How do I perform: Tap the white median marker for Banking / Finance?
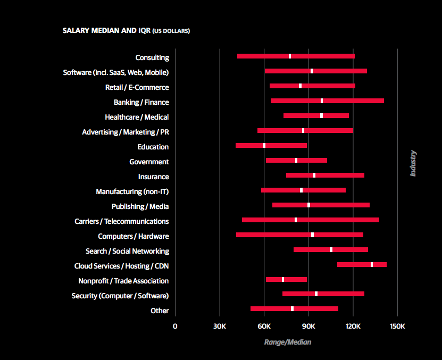click(322, 101)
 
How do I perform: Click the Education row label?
click(153, 147)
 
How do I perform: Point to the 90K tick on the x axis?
click(308, 326)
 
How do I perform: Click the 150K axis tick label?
click(397, 326)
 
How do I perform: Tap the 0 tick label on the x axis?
click(175, 326)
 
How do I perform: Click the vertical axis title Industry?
click(413, 163)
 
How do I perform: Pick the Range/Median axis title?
click(287, 342)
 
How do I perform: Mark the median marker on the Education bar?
click(264, 145)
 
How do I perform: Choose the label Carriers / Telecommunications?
click(121, 221)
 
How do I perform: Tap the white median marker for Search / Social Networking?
click(331, 249)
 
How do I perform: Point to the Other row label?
click(160, 311)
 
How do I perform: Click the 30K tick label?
click(220, 326)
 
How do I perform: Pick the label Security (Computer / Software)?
click(120, 296)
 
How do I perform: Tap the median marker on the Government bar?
click(296, 160)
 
